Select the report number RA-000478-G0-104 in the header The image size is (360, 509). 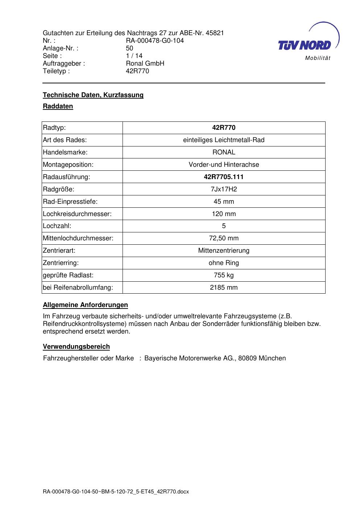(x=155, y=41)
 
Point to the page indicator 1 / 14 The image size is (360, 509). (x=134, y=56)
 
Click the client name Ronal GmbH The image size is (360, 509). (x=145, y=63)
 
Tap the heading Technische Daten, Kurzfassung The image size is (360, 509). (x=93, y=95)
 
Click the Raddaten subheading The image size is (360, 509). (x=58, y=106)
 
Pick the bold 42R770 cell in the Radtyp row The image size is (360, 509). (x=224, y=128)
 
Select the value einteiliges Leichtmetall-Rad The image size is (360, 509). (x=224, y=140)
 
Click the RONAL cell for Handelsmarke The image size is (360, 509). (x=224, y=152)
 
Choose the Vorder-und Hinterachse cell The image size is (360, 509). (x=224, y=165)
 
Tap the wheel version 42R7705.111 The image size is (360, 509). (x=224, y=177)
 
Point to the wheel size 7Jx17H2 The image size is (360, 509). (x=224, y=189)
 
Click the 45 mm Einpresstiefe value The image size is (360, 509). (x=224, y=202)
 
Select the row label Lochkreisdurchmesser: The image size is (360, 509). (x=77, y=214)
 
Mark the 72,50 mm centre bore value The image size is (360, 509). (x=224, y=238)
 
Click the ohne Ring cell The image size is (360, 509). (x=224, y=263)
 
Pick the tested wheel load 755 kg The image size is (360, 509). (x=224, y=275)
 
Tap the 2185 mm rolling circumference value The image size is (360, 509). (x=224, y=287)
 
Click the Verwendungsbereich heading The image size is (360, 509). (x=76, y=347)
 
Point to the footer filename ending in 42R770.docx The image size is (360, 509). (x=116, y=492)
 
